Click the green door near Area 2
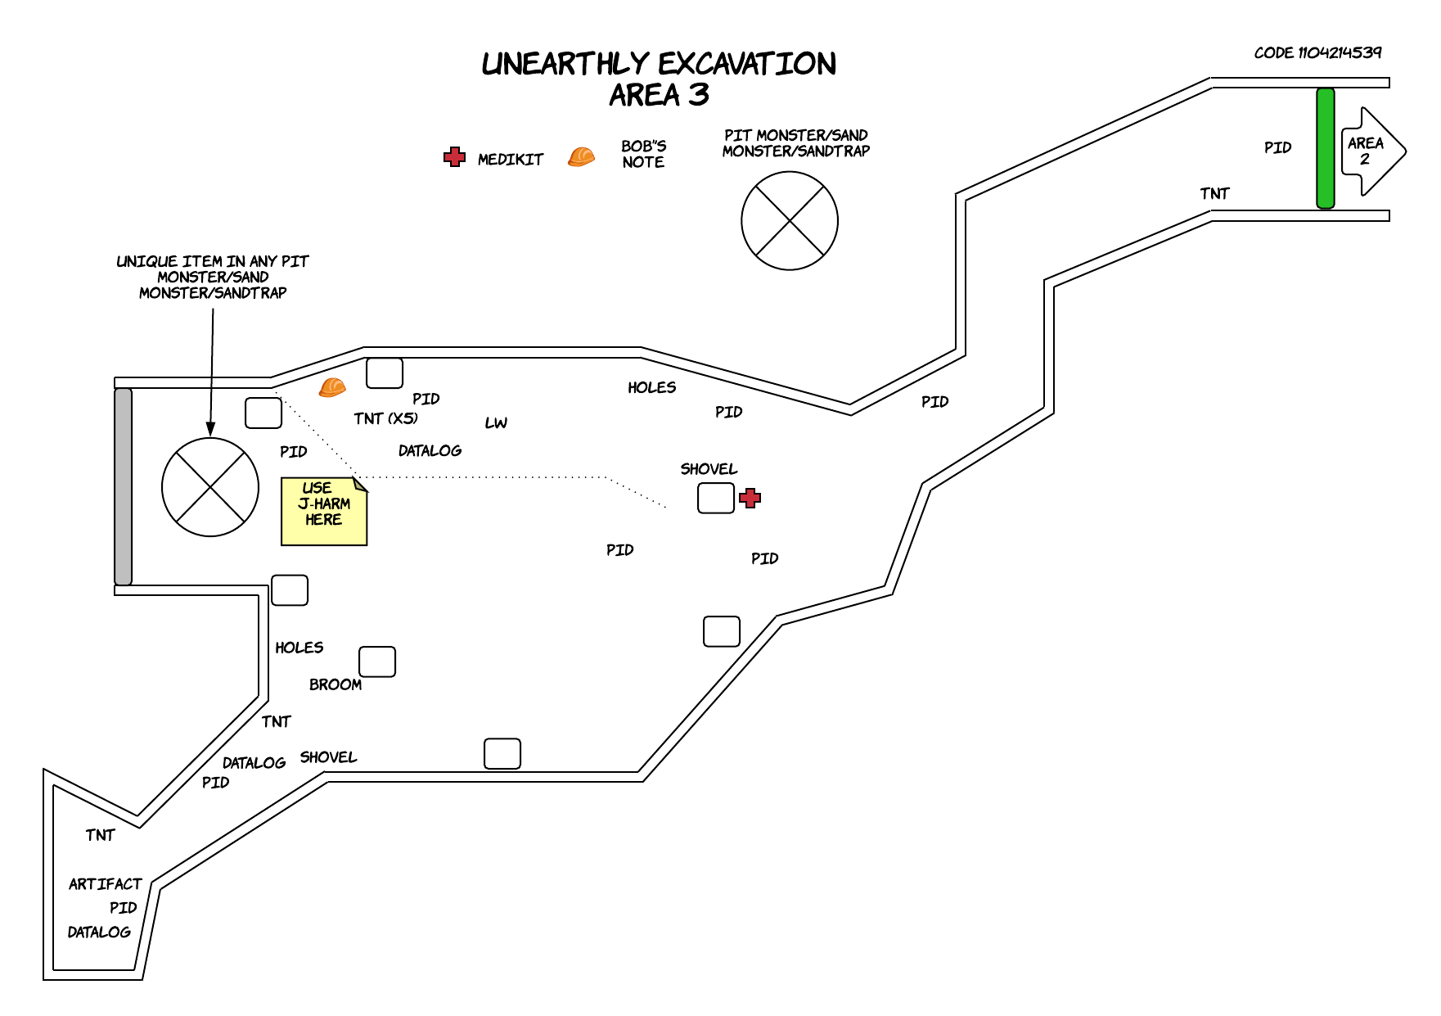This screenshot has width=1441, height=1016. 1325,148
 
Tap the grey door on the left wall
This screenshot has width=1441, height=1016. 123,486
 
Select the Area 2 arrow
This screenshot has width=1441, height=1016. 1372,151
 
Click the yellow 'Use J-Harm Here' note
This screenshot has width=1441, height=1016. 324,511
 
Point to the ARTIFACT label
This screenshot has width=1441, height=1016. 106,884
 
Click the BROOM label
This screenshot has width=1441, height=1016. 335,684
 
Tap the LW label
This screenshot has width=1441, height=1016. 496,422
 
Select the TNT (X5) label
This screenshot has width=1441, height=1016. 385,418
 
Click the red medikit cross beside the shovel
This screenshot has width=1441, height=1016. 750,498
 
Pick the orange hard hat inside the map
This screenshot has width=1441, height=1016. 332,386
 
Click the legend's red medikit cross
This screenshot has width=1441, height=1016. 454,157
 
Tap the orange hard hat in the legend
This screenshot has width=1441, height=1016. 581,156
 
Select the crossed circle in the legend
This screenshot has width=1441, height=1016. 790,220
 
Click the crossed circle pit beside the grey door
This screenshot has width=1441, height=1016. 210,487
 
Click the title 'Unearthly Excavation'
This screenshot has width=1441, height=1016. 659,64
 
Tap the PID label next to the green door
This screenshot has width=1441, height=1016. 1277,147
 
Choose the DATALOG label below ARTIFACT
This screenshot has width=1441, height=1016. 99,932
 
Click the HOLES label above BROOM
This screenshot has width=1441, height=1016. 299,648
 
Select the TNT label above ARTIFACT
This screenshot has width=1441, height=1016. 100,835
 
